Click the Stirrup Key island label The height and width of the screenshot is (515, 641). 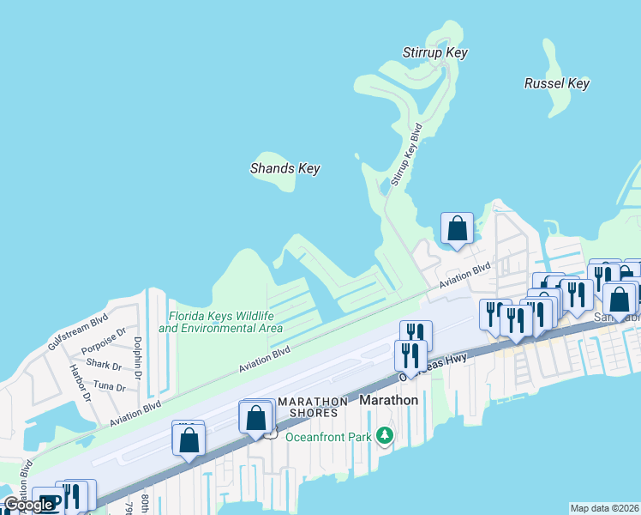click(434, 53)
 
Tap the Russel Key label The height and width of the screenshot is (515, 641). click(556, 83)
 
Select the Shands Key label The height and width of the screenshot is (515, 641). click(285, 168)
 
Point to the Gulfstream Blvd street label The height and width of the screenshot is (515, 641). click(78, 330)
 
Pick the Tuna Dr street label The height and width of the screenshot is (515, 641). click(109, 387)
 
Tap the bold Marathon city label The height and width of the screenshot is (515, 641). click(388, 401)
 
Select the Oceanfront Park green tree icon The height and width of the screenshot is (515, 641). click(386, 437)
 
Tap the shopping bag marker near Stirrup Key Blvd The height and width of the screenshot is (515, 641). click(457, 228)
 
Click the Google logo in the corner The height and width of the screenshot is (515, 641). click(27, 506)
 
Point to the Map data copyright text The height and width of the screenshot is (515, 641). click(604, 508)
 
